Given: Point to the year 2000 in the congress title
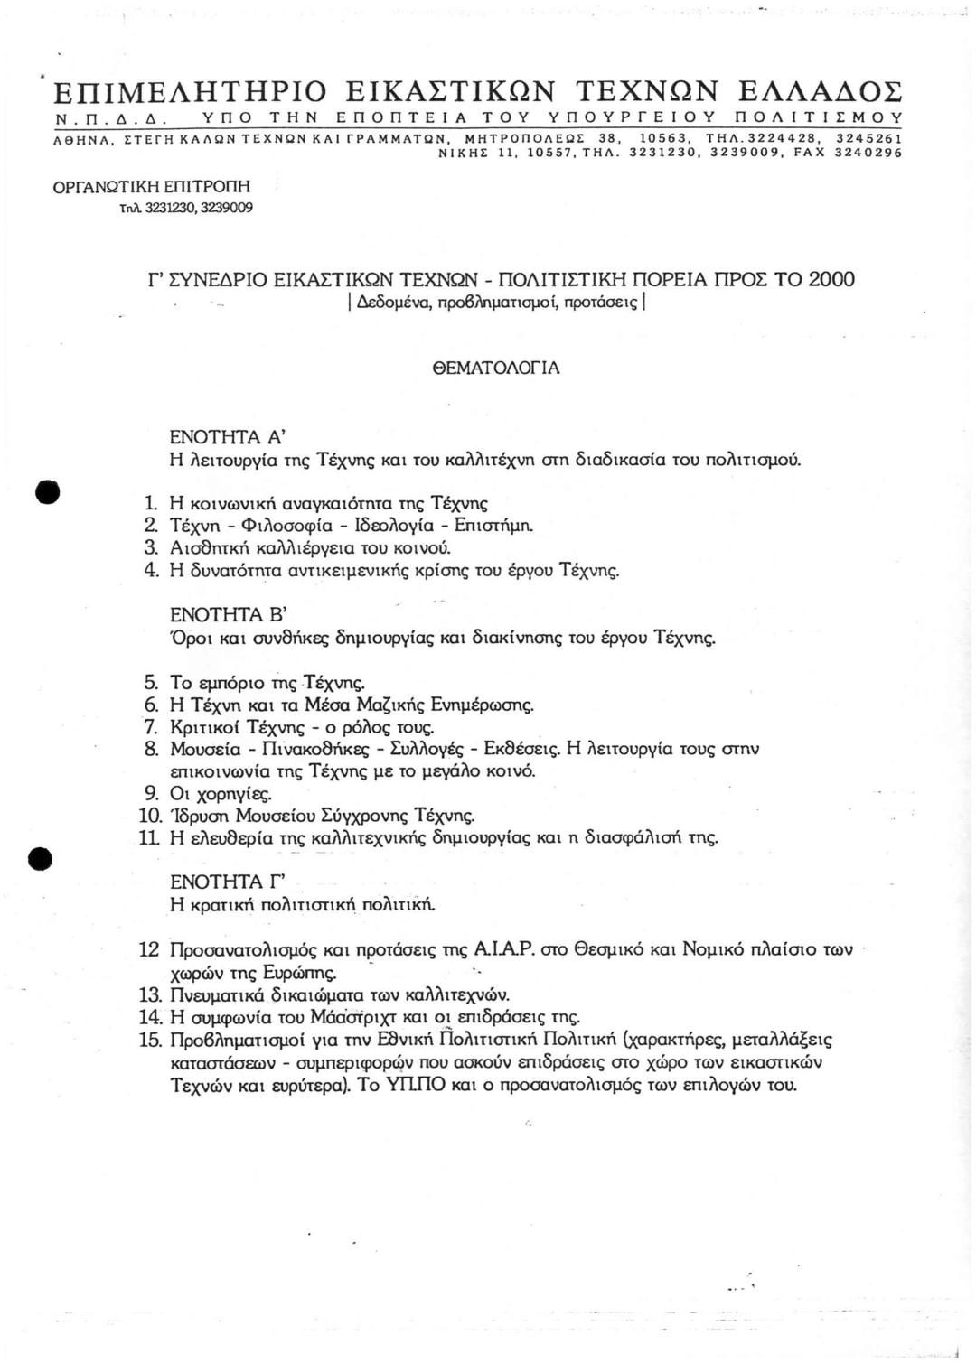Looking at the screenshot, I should tap(831, 279).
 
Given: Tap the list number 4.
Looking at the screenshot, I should tap(152, 570).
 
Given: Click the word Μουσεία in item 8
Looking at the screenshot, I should tap(204, 749).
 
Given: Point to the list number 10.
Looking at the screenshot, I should tap(150, 817).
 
